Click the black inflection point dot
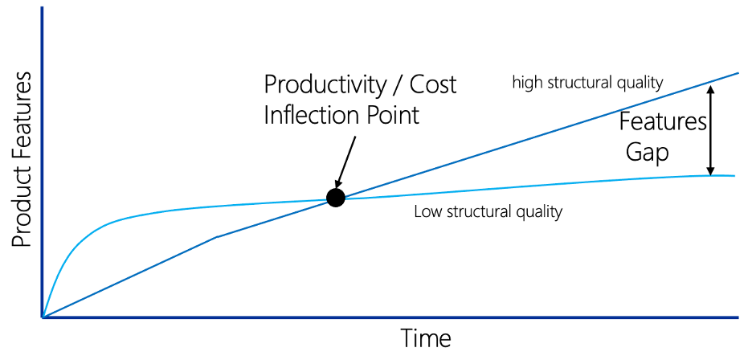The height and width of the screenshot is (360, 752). pos(336,198)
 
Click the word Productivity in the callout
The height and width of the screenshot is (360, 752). pos(325,86)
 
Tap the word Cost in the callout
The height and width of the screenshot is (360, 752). pos(434,85)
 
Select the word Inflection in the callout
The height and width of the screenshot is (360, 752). pos(306,115)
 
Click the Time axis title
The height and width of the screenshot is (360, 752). pos(425,338)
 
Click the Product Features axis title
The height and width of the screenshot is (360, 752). pos(22,161)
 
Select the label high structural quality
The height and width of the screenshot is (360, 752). pos(587,83)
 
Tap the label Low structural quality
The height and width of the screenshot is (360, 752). pos(488,211)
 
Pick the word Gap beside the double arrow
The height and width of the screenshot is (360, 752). pos(647,153)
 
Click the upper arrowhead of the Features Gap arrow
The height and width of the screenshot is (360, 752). pos(711,87)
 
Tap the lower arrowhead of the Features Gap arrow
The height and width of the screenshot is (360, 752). pos(711,173)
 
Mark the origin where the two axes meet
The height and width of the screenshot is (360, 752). pos(43,317)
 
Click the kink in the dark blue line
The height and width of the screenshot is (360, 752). pos(217,236)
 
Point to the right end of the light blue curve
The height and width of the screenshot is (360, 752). pos(735,176)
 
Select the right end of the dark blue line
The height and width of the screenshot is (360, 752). pos(738,73)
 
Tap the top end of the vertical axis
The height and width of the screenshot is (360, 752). pos(43,7)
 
